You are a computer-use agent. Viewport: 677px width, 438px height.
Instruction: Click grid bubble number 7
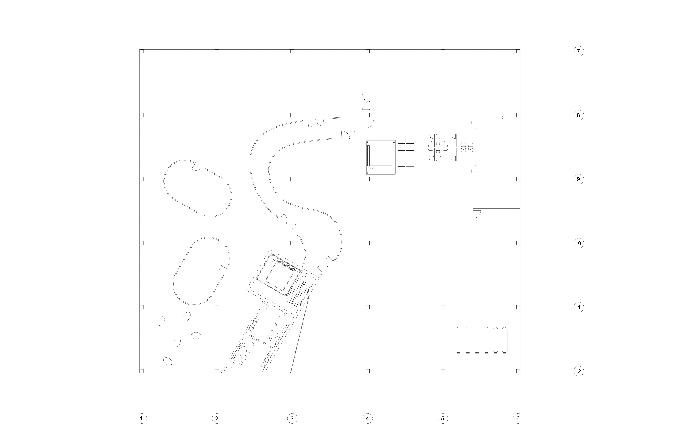tap(578, 51)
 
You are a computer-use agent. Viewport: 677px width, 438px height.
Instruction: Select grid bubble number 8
tap(578, 115)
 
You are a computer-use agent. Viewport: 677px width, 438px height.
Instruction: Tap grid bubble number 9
tap(578, 179)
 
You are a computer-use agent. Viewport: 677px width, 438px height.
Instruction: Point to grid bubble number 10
tap(578, 243)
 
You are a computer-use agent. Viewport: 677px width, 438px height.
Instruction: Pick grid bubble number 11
tap(578, 307)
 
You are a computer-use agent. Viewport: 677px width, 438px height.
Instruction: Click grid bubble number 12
tap(578, 372)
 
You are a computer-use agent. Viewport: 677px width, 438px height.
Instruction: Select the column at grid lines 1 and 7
tap(142, 51)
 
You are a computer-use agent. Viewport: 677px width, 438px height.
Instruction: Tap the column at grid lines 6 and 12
tap(518, 371)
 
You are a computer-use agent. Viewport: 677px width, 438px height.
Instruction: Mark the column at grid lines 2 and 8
tap(217, 115)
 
